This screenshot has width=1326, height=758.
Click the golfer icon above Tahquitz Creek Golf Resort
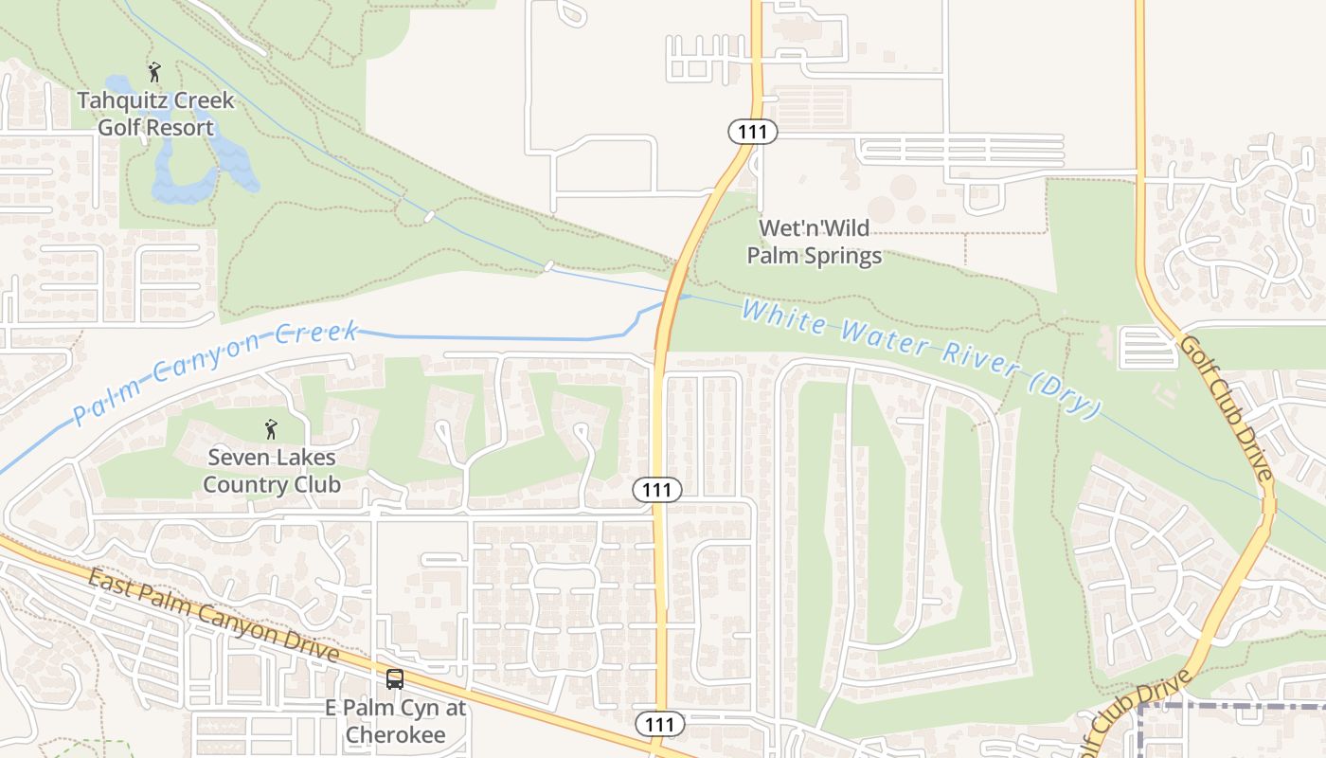click(x=154, y=72)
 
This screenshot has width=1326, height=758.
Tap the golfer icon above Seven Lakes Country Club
click(x=271, y=429)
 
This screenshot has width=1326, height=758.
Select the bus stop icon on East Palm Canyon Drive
click(x=395, y=679)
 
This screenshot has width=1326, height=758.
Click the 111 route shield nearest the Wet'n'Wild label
click(x=753, y=132)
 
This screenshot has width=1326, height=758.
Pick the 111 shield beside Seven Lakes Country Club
click(x=657, y=490)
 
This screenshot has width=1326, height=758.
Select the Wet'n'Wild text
click(x=815, y=228)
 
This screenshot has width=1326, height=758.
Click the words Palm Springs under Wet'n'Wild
click(x=815, y=255)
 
